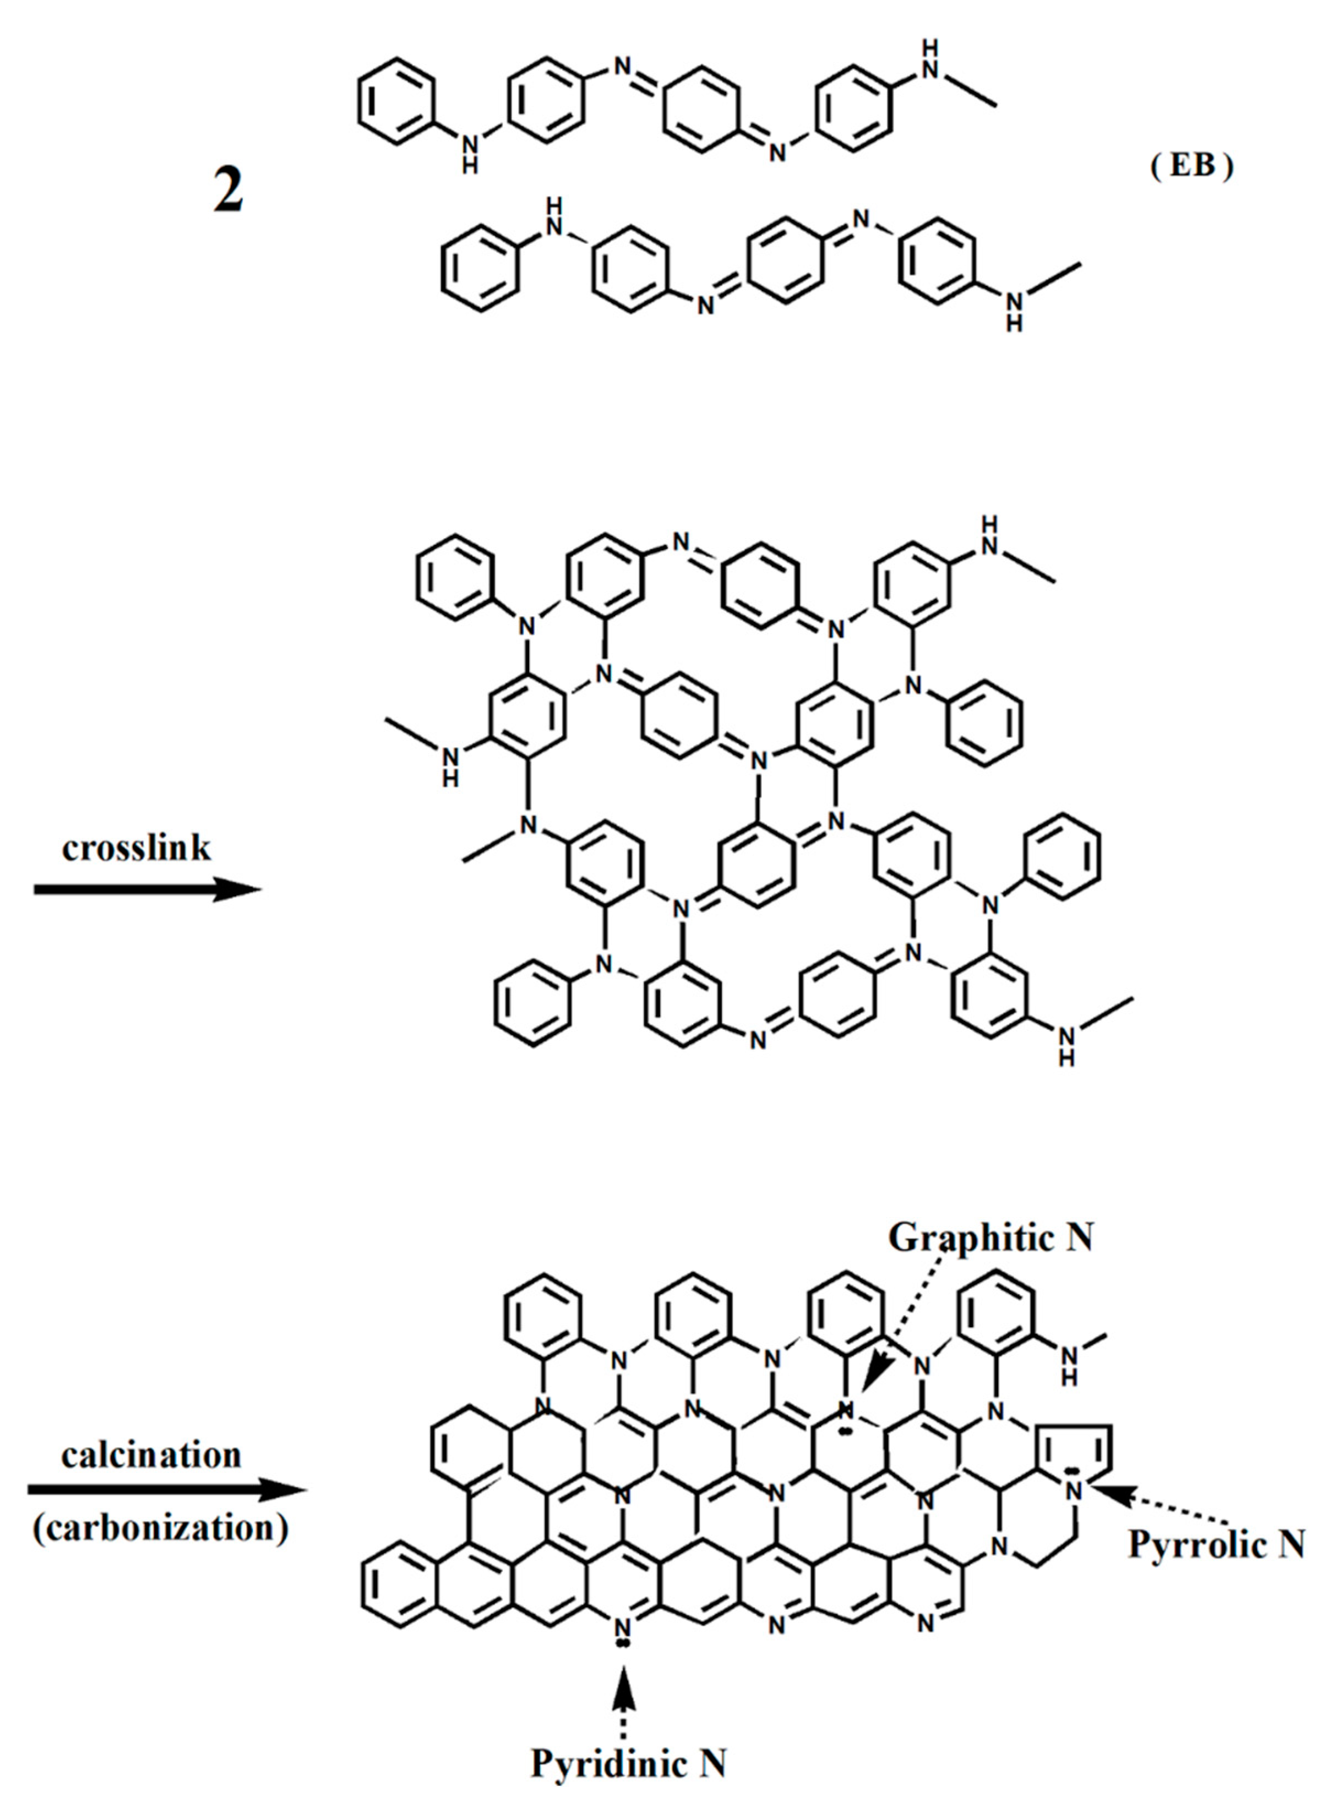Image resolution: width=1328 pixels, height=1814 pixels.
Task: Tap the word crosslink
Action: tap(136, 848)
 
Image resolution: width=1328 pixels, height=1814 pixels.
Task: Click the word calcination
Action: tap(151, 1455)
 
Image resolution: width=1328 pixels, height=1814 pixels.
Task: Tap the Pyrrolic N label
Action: tap(1216, 1544)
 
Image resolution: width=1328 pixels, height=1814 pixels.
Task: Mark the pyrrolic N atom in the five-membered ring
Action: tap(1073, 1490)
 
